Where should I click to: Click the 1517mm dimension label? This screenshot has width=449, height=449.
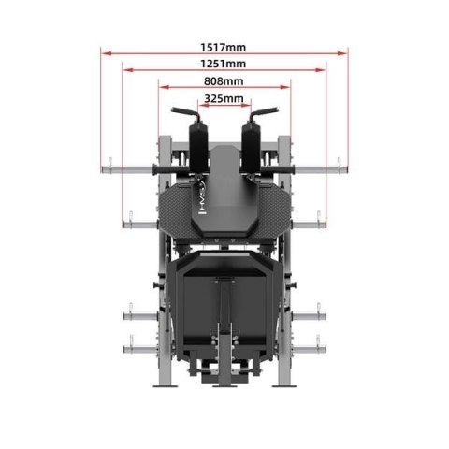click(224, 46)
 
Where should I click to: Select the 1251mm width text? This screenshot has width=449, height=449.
click(224, 64)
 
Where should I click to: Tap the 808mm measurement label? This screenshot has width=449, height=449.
click(224, 81)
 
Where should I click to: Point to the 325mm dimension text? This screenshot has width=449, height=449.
click(224, 98)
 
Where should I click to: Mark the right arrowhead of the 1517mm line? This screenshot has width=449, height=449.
click(344, 53)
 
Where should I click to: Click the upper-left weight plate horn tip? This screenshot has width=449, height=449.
click(99, 168)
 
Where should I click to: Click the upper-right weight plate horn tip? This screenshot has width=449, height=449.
click(350, 168)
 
